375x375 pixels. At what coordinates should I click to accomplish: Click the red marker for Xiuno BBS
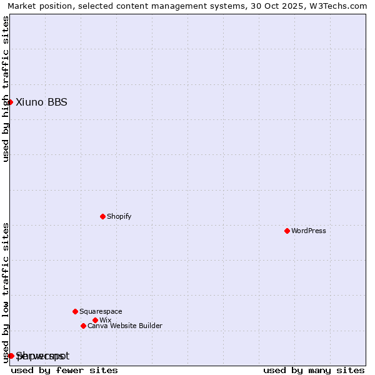click(x=10, y=102)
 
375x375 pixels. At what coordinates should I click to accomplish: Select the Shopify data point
click(x=102, y=216)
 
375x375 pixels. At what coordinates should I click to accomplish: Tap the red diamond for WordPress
click(x=287, y=231)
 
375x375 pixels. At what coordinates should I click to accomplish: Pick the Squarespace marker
click(x=75, y=311)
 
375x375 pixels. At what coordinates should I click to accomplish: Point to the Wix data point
click(x=95, y=320)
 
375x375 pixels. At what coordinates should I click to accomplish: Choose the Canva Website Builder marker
click(x=83, y=326)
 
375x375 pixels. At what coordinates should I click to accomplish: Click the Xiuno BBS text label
click(x=41, y=102)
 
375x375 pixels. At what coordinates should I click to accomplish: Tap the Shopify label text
click(x=119, y=216)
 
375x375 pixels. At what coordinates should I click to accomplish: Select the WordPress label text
click(x=309, y=231)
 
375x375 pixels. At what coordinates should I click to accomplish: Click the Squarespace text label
click(x=101, y=311)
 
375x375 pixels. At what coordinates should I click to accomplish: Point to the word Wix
click(x=105, y=320)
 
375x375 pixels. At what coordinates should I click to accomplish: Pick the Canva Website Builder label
click(x=125, y=326)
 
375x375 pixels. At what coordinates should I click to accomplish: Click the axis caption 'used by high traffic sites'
click(x=6, y=89)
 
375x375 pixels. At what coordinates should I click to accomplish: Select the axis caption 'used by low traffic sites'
click(x=6, y=292)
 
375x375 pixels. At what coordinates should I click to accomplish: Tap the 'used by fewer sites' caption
click(x=64, y=370)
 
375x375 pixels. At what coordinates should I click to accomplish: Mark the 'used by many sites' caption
click(x=314, y=370)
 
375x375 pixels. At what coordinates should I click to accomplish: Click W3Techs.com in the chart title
click(x=340, y=6)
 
